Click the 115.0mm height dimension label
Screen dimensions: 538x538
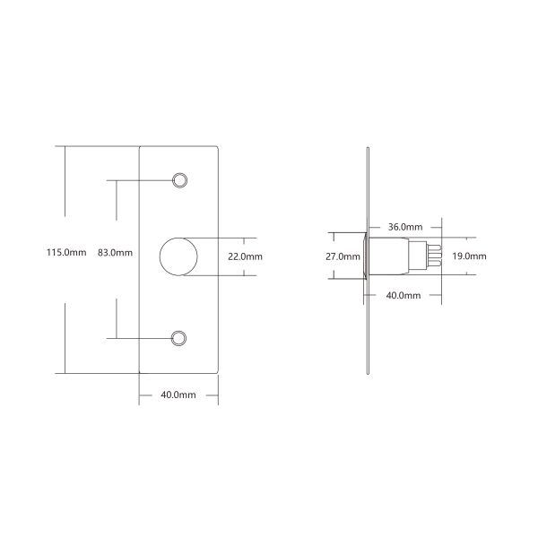[65, 253]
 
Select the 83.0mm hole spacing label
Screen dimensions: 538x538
[115, 253]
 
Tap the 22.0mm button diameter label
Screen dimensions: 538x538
[245, 256]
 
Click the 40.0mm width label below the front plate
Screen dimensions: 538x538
[178, 395]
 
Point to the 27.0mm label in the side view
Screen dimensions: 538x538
[342, 256]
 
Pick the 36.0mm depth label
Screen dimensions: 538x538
[406, 227]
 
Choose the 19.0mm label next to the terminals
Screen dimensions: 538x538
[468, 256]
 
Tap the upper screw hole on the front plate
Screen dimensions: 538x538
[179, 180]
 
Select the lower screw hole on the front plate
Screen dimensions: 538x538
[179, 337]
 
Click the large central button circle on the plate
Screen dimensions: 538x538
[178, 256]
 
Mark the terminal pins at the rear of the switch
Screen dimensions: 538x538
[436, 257]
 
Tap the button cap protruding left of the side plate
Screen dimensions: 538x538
[361, 257]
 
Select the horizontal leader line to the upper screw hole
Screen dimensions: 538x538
[139, 180]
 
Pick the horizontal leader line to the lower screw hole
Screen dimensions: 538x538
[139, 337]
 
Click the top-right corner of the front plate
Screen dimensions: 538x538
[220, 147]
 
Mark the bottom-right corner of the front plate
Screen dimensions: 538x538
[220, 370]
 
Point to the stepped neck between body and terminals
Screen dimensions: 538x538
[421, 257]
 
